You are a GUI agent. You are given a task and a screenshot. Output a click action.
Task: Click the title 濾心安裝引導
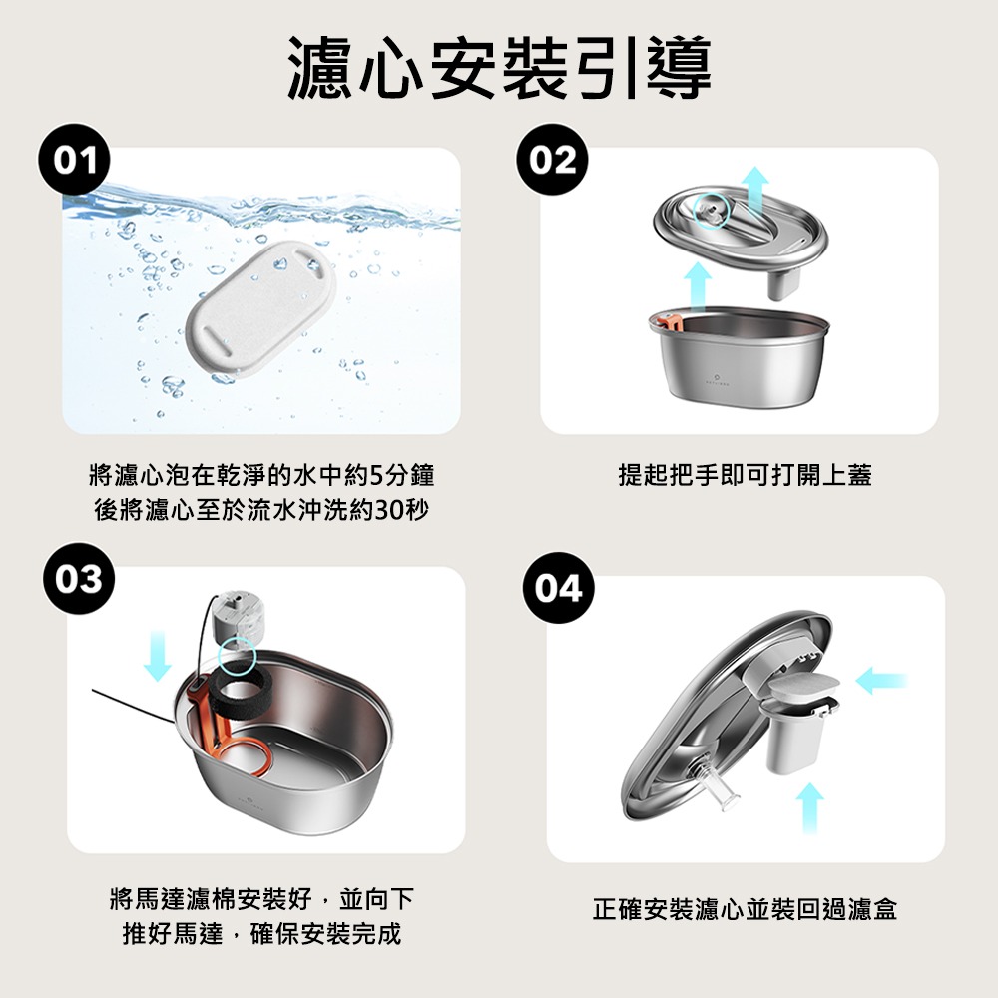click(x=500, y=68)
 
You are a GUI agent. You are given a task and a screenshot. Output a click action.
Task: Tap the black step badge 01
click(x=75, y=160)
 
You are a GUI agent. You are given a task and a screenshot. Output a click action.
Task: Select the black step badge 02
click(x=553, y=160)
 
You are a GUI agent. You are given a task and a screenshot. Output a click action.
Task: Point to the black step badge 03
click(x=79, y=579)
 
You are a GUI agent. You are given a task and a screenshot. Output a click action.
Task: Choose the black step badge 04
click(x=558, y=588)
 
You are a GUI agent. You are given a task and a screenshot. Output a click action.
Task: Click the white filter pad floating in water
click(x=260, y=310)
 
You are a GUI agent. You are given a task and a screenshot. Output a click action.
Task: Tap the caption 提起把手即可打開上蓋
click(x=745, y=475)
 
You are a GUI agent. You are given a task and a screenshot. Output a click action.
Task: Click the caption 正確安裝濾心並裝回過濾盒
click(x=745, y=909)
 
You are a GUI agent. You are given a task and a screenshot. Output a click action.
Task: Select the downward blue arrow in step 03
click(x=158, y=656)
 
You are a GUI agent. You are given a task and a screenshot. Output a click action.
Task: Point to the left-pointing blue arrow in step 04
click(x=881, y=681)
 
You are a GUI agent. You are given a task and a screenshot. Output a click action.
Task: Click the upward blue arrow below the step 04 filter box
click(x=809, y=807)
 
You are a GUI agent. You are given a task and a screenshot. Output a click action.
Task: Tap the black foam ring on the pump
click(x=242, y=688)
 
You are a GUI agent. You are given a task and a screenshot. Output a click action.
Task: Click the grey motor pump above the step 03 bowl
click(x=237, y=621)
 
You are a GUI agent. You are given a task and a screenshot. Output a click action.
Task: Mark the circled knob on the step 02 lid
click(x=712, y=212)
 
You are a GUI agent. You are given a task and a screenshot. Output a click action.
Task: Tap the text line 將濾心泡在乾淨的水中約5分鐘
click(x=261, y=475)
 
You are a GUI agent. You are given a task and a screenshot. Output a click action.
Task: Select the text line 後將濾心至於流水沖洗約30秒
click(x=261, y=510)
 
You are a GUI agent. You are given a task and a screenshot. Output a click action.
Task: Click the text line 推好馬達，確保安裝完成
click(x=261, y=934)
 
